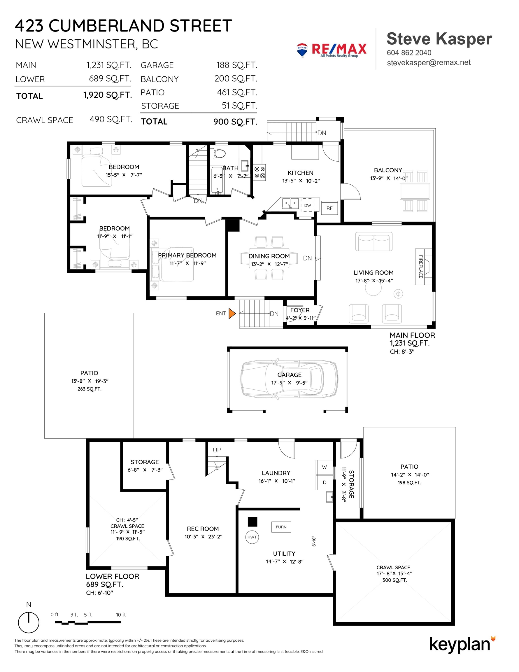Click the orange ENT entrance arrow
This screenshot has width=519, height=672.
click(x=232, y=314)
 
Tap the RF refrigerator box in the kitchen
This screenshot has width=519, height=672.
click(x=329, y=208)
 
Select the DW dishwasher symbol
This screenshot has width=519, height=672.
click(x=308, y=205)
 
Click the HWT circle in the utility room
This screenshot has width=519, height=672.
click(x=252, y=537)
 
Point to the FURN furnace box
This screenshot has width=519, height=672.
click(x=281, y=527)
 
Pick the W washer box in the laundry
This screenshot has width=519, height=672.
click(x=324, y=467)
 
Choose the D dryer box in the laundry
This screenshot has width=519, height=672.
click(x=324, y=482)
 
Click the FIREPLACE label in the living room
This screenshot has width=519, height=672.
click(x=421, y=267)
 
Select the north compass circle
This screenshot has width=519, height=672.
click(x=29, y=622)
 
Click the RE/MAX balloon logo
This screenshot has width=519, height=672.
click(x=302, y=50)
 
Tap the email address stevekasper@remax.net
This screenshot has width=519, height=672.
click(x=429, y=62)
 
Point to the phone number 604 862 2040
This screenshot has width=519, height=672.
click(x=409, y=52)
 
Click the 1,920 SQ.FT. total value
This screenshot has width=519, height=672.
click(x=107, y=95)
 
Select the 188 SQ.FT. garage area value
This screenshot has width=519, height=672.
click(x=236, y=65)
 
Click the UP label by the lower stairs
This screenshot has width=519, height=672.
click(x=217, y=450)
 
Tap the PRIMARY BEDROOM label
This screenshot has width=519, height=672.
click(x=187, y=256)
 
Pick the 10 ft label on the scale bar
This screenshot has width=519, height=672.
click(x=121, y=615)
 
